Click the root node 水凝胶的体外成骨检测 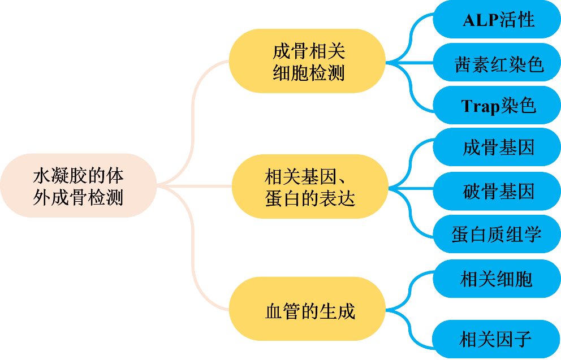pyautogui.click(x=78, y=185)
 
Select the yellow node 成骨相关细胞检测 pyautogui.click(x=308, y=62)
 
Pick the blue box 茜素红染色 pyautogui.click(x=497, y=63)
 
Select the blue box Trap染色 pyautogui.click(x=497, y=105)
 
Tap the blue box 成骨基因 pyautogui.click(x=497, y=148)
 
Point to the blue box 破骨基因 pyautogui.click(x=497, y=191)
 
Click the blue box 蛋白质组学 pyautogui.click(x=497, y=233)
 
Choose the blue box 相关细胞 pyautogui.click(x=497, y=279)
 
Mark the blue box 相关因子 pyautogui.click(x=497, y=339)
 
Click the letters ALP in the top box pyautogui.click(x=481, y=20)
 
